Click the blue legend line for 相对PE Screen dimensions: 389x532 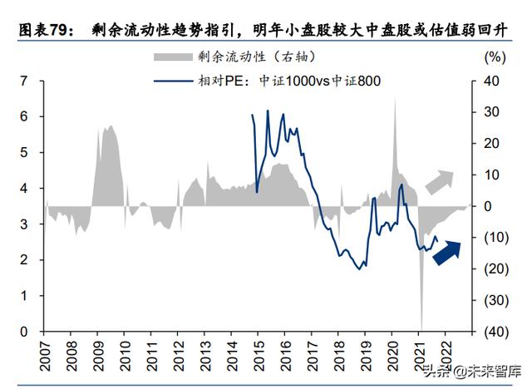172,81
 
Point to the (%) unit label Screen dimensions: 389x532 493,57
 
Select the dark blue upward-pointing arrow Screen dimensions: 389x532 446,252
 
